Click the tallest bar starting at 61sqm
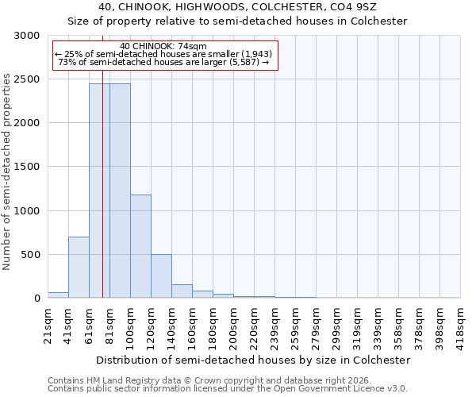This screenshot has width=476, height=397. coord(99,191)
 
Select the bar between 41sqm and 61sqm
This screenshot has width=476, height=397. coord(79,267)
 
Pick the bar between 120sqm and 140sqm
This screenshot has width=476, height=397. coord(161,276)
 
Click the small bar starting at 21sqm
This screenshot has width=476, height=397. coord(58,295)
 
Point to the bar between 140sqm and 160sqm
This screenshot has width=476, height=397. coord(182,291)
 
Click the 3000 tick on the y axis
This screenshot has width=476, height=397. coord(29,36)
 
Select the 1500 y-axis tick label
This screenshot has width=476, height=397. coord(29,167)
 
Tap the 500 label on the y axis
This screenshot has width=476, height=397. coord(32,255)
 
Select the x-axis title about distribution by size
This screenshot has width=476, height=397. coord(254,360)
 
